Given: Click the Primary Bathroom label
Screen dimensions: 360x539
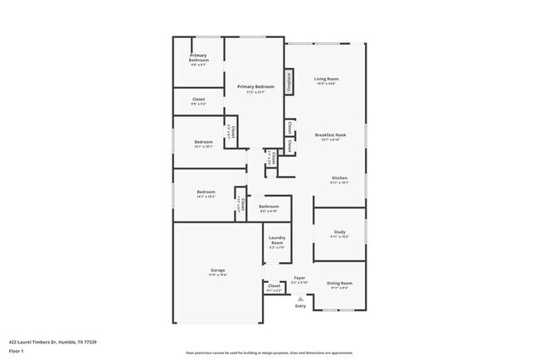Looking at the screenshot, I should [x=199, y=58].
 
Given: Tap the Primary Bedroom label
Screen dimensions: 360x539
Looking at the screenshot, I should [x=255, y=87].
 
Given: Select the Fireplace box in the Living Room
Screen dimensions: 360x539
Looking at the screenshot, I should [x=289, y=82].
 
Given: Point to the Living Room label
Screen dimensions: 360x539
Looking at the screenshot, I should [x=326, y=80].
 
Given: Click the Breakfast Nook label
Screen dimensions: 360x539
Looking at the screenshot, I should [x=330, y=135].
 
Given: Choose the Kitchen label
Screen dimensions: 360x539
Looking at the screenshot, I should [x=340, y=178].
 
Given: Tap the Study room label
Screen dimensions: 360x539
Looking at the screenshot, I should [x=339, y=232].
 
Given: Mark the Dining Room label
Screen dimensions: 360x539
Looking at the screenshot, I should [x=339, y=284].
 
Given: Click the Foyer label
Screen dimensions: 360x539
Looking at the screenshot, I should [x=299, y=278].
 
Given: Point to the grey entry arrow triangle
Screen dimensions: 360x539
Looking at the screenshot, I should [x=300, y=299].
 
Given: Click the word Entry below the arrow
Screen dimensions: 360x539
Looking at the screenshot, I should [x=300, y=306].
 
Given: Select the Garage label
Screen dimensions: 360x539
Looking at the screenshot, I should [x=217, y=270].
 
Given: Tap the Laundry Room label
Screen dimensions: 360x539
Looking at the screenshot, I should [x=277, y=241].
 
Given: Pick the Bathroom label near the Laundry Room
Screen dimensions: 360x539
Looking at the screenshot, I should [x=269, y=207].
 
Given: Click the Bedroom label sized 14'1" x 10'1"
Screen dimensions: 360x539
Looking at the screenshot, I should [x=204, y=143].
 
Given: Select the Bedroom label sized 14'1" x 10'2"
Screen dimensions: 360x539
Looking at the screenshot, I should [x=204, y=193].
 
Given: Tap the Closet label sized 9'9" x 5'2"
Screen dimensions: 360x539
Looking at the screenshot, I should [x=199, y=100].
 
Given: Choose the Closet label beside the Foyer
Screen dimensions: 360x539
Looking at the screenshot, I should [x=274, y=286].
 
